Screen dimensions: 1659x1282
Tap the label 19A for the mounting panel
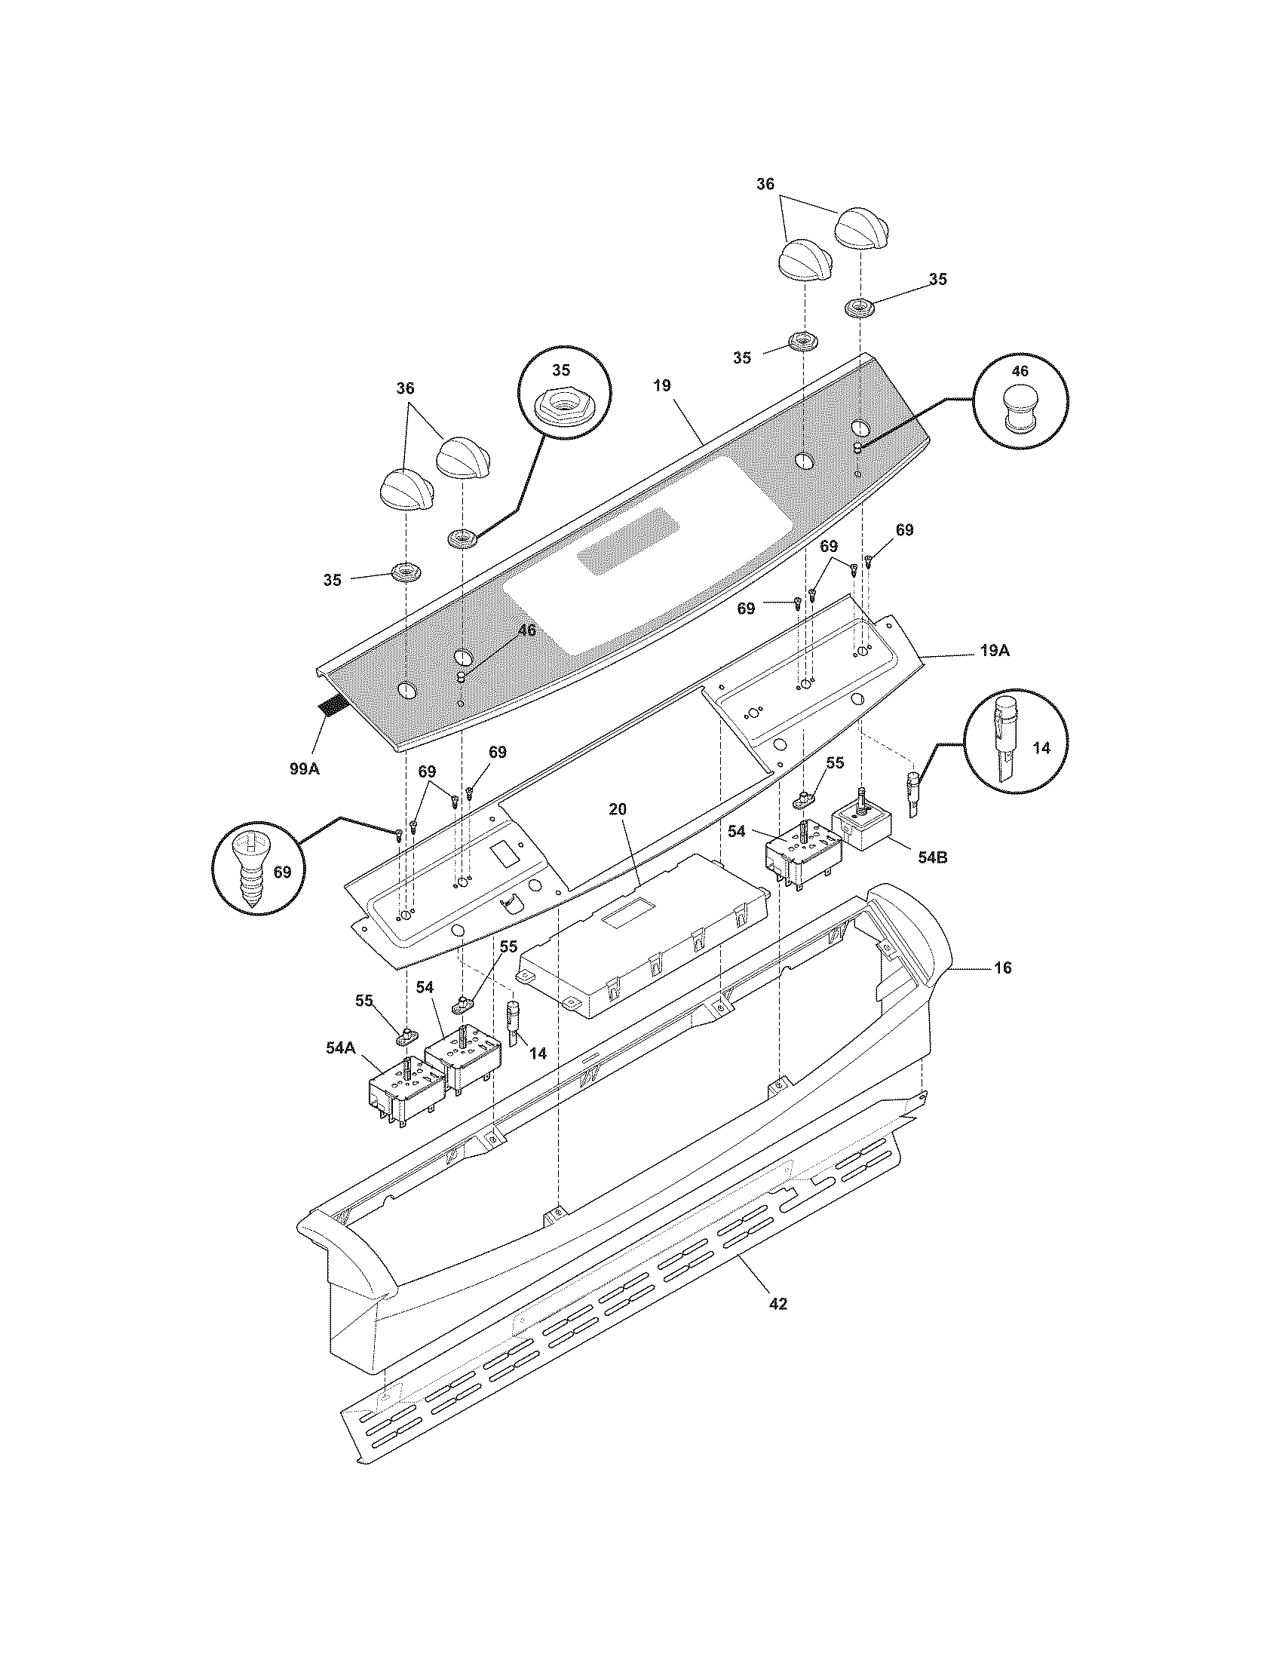993,651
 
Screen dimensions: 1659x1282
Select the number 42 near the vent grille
777,1304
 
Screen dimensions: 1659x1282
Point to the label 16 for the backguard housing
1002,967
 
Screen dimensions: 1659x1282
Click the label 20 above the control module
618,809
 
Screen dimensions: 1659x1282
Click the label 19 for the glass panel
661,386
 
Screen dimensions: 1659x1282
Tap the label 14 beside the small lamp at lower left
538,1053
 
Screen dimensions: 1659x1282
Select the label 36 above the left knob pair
406,388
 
